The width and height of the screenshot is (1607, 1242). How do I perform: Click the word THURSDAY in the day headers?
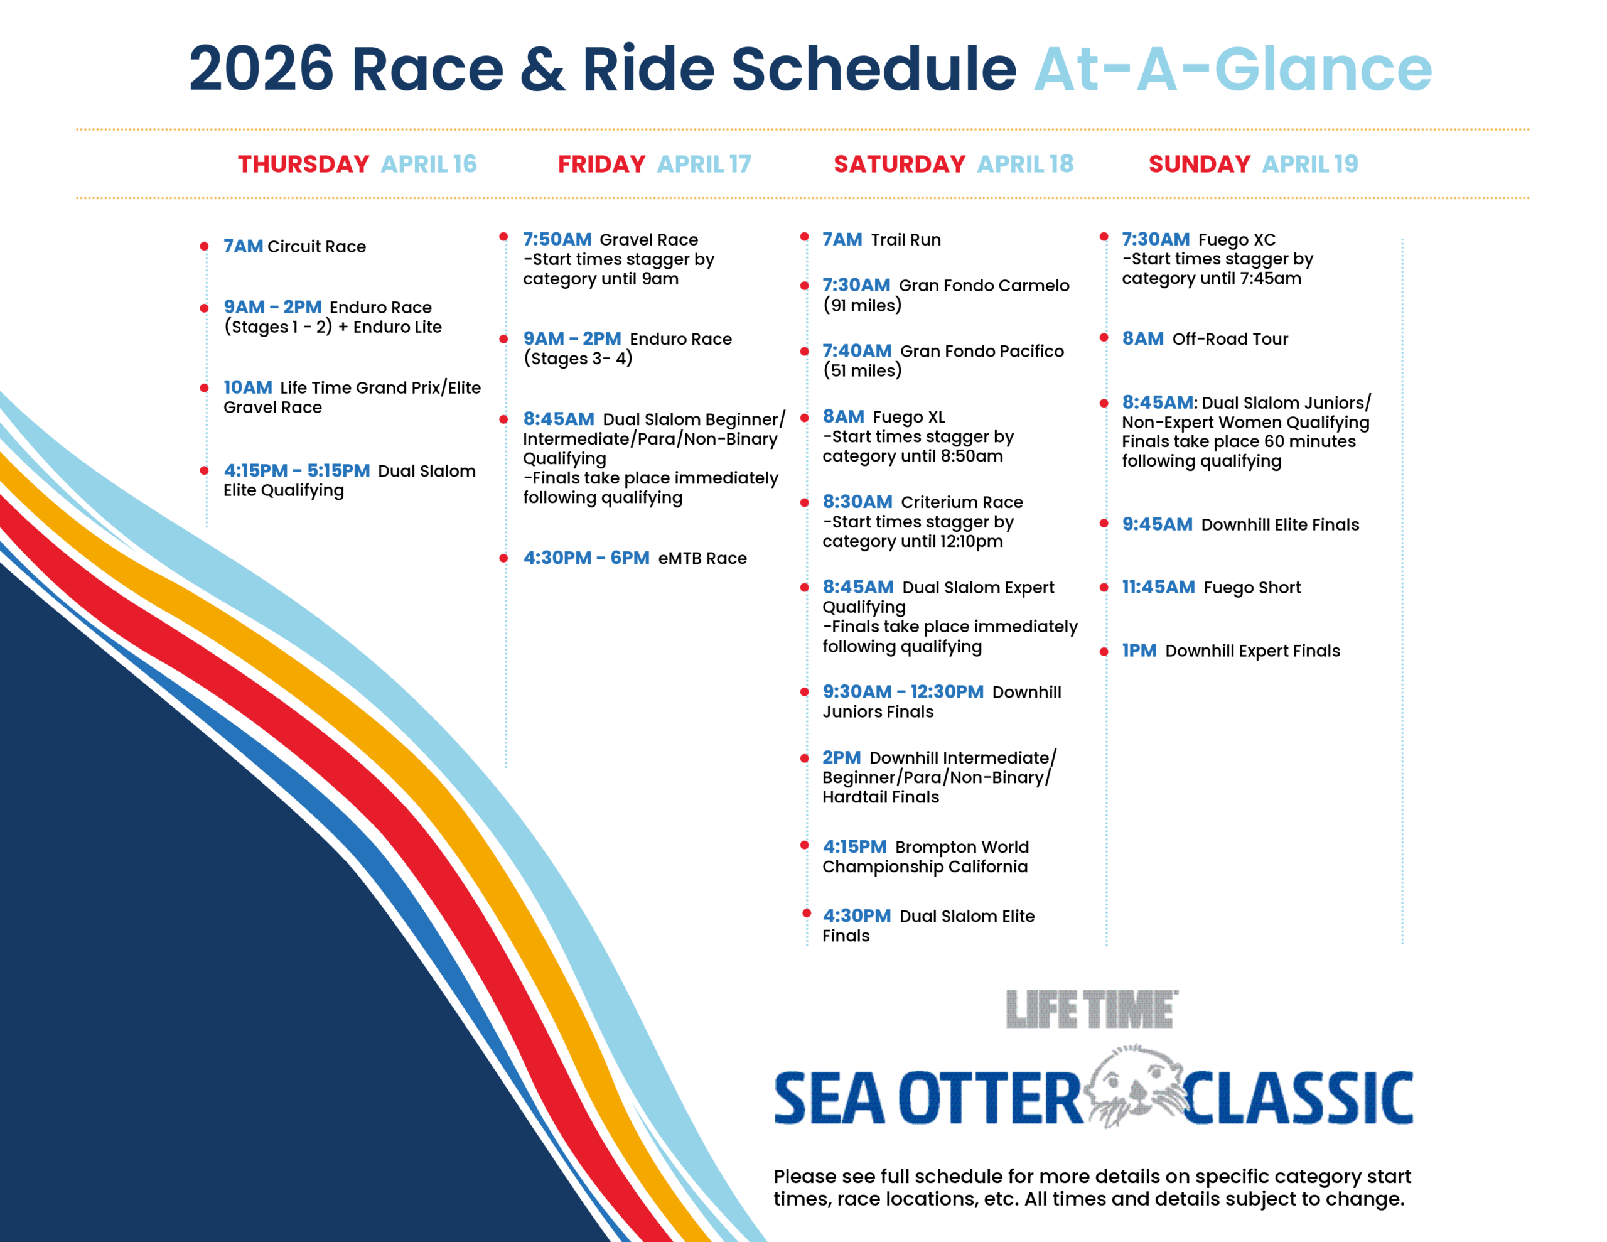point(303,163)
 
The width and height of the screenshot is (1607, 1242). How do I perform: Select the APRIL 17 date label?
point(704,163)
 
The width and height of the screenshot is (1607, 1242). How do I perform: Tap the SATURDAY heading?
point(899,163)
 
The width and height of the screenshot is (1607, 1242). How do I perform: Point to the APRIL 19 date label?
point(1311,163)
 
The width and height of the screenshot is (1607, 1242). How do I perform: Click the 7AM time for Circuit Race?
point(243,246)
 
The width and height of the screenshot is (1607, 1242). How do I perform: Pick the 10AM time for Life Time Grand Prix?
point(248,387)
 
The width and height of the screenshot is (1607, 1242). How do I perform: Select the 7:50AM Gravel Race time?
point(557,239)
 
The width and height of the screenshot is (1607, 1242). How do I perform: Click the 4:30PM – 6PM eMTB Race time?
point(586,558)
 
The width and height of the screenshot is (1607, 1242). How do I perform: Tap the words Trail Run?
point(906,239)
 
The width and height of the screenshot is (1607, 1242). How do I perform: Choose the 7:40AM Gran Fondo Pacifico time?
point(857,351)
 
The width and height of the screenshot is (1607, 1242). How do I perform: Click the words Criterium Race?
point(962,502)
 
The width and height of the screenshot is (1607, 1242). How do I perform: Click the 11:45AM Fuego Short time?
point(1158,588)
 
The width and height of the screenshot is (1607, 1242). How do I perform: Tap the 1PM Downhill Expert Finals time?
point(1139,651)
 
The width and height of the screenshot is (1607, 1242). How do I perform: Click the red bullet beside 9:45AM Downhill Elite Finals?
point(1104,524)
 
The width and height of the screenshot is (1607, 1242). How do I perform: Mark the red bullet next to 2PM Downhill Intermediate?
point(804,757)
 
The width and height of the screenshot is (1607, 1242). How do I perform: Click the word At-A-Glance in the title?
point(1233,68)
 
